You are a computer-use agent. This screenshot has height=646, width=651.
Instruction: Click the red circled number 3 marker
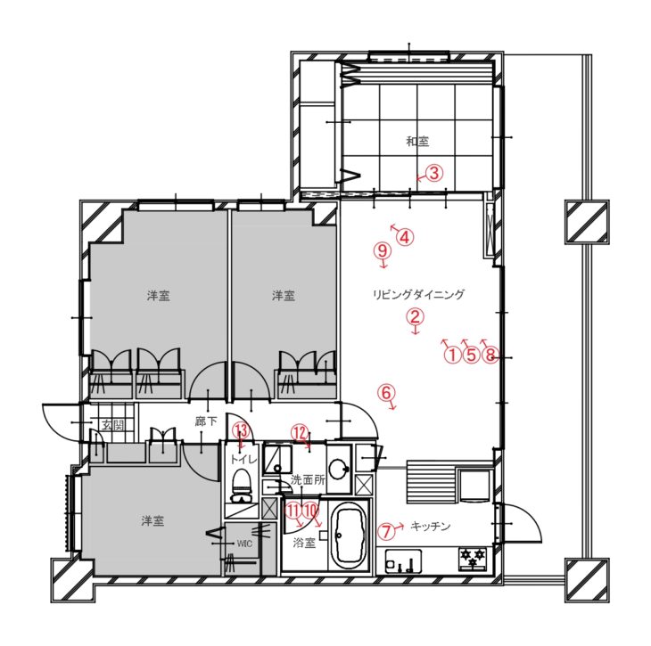[x=434, y=173]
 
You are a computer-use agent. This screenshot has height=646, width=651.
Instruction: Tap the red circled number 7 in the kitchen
[x=386, y=531]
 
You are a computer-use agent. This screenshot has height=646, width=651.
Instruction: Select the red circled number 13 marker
[x=242, y=430]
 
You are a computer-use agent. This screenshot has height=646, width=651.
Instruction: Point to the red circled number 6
[x=386, y=392]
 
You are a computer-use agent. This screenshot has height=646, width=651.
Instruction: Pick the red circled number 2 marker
[x=415, y=316]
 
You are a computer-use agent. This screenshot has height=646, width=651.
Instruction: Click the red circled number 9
[x=383, y=250]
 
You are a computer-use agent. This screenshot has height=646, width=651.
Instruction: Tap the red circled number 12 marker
[x=300, y=433]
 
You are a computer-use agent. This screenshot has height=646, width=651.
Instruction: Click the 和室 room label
[x=417, y=142]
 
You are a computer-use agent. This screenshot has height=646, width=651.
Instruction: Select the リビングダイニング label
[x=418, y=295]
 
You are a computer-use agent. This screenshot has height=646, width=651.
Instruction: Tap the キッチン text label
[x=431, y=527]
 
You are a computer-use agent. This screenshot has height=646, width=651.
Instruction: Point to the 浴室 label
[x=304, y=543]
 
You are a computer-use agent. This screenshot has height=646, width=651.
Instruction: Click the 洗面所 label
[x=308, y=480]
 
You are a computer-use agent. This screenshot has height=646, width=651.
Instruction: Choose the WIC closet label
[x=244, y=544]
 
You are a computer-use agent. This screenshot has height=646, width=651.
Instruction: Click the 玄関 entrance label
[x=113, y=425]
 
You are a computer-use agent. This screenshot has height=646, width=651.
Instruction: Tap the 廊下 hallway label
[x=206, y=421]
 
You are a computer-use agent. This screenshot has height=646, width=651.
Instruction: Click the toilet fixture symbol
[x=241, y=486]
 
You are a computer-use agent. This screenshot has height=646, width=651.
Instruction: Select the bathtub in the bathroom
[x=350, y=536]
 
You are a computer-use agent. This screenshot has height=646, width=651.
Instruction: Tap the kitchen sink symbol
[x=403, y=561]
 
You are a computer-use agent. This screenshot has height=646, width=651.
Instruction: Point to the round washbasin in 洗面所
[x=339, y=470]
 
